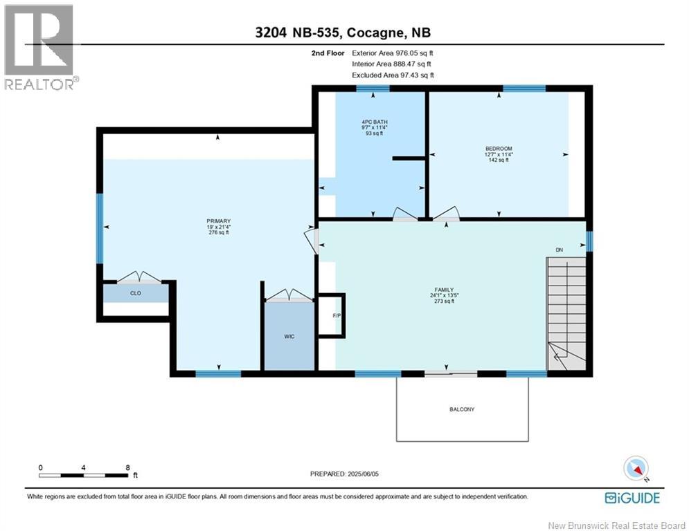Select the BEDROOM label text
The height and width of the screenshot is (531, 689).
(498, 149)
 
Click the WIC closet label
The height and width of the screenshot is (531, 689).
(289, 337)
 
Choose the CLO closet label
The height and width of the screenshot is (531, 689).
(136, 293)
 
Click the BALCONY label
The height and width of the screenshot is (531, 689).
(462, 409)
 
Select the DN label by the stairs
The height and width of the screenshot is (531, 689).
(559, 250)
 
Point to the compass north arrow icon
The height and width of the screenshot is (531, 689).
(636, 468)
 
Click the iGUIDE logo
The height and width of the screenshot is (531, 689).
(632, 498)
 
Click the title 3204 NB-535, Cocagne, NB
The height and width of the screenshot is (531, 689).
(343, 32)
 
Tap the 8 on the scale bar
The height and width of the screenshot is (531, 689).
(127, 467)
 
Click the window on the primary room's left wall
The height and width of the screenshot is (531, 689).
(100, 228)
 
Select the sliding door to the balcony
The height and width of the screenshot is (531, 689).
(451, 374)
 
